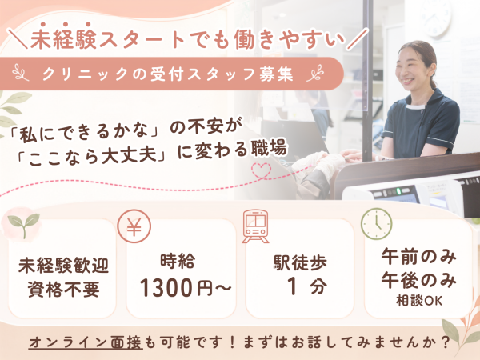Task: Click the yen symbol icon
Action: pos(134,226)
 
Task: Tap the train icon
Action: pos(255,226)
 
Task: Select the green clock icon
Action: pos(377,224)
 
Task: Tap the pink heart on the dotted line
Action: pos(261,170)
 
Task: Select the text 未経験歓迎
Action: pos(64,266)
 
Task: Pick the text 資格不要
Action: pos(64,290)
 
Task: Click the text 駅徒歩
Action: pos(300,262)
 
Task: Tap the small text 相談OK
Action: pos(419,301)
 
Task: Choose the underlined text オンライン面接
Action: pos(86,342)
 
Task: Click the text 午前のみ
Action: pos(418,257)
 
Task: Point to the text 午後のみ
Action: pos(418,280)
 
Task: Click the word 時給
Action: pos(178,261)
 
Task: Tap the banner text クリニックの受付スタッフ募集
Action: pos(168,74)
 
